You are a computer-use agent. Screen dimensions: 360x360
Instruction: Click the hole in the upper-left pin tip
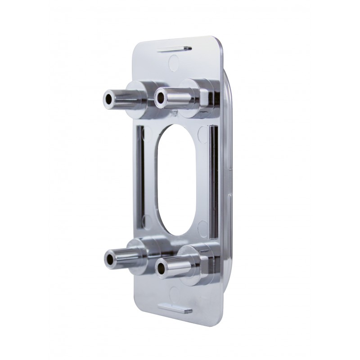tap(108, 97)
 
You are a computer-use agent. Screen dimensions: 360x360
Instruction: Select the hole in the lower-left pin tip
tap(109, 258)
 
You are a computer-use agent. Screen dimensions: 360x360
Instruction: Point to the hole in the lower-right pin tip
tap(161, 269)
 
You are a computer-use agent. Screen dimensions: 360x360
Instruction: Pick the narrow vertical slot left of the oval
tap(140, 175)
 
